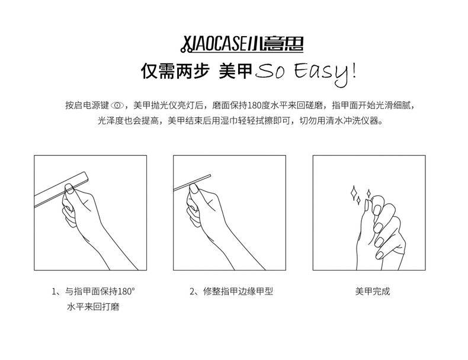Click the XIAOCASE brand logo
(x=242, y=45)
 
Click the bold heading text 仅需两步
(x=175, y=71)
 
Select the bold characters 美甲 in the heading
(x=236, y=71)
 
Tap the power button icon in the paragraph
(x=117, y=105)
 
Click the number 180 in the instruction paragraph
(x=255, y=105)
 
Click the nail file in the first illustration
(x=62, y=189)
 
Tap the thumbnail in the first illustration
(x=69, y=189)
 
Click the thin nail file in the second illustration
(x=192, y=182)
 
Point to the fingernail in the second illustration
(x=194, y=188)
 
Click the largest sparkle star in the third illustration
(x=354, y=193)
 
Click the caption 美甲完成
(x=373, y=291)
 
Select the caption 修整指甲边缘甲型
(x=238, y=291)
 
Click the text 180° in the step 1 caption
(x=127, y=291)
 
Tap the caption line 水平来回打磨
(x=93, y=307)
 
